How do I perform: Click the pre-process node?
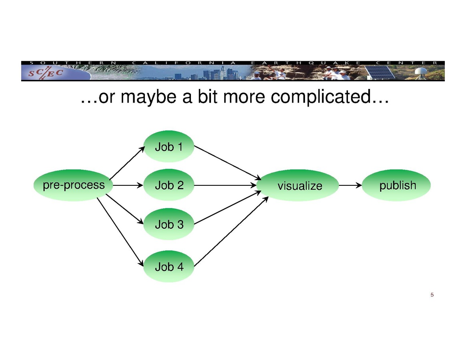click(x=73, y=185)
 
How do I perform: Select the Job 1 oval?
click(x=169, y=147)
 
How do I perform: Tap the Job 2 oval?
click(x=169, y=185)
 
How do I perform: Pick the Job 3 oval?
click(x=169, y=224)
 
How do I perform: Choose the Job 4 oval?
click(x=169, y=266)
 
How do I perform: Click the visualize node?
click(x=299, y=185)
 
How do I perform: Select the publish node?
click(x=396, y=185)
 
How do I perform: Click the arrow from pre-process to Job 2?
click(x=127, y=185)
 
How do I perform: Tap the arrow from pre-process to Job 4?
click(x=120, y=231)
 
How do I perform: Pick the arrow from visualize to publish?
click(x=350, y=185)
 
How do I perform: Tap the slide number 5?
click(x=432, y=295)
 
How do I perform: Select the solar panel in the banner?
click(x=379, y=72)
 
